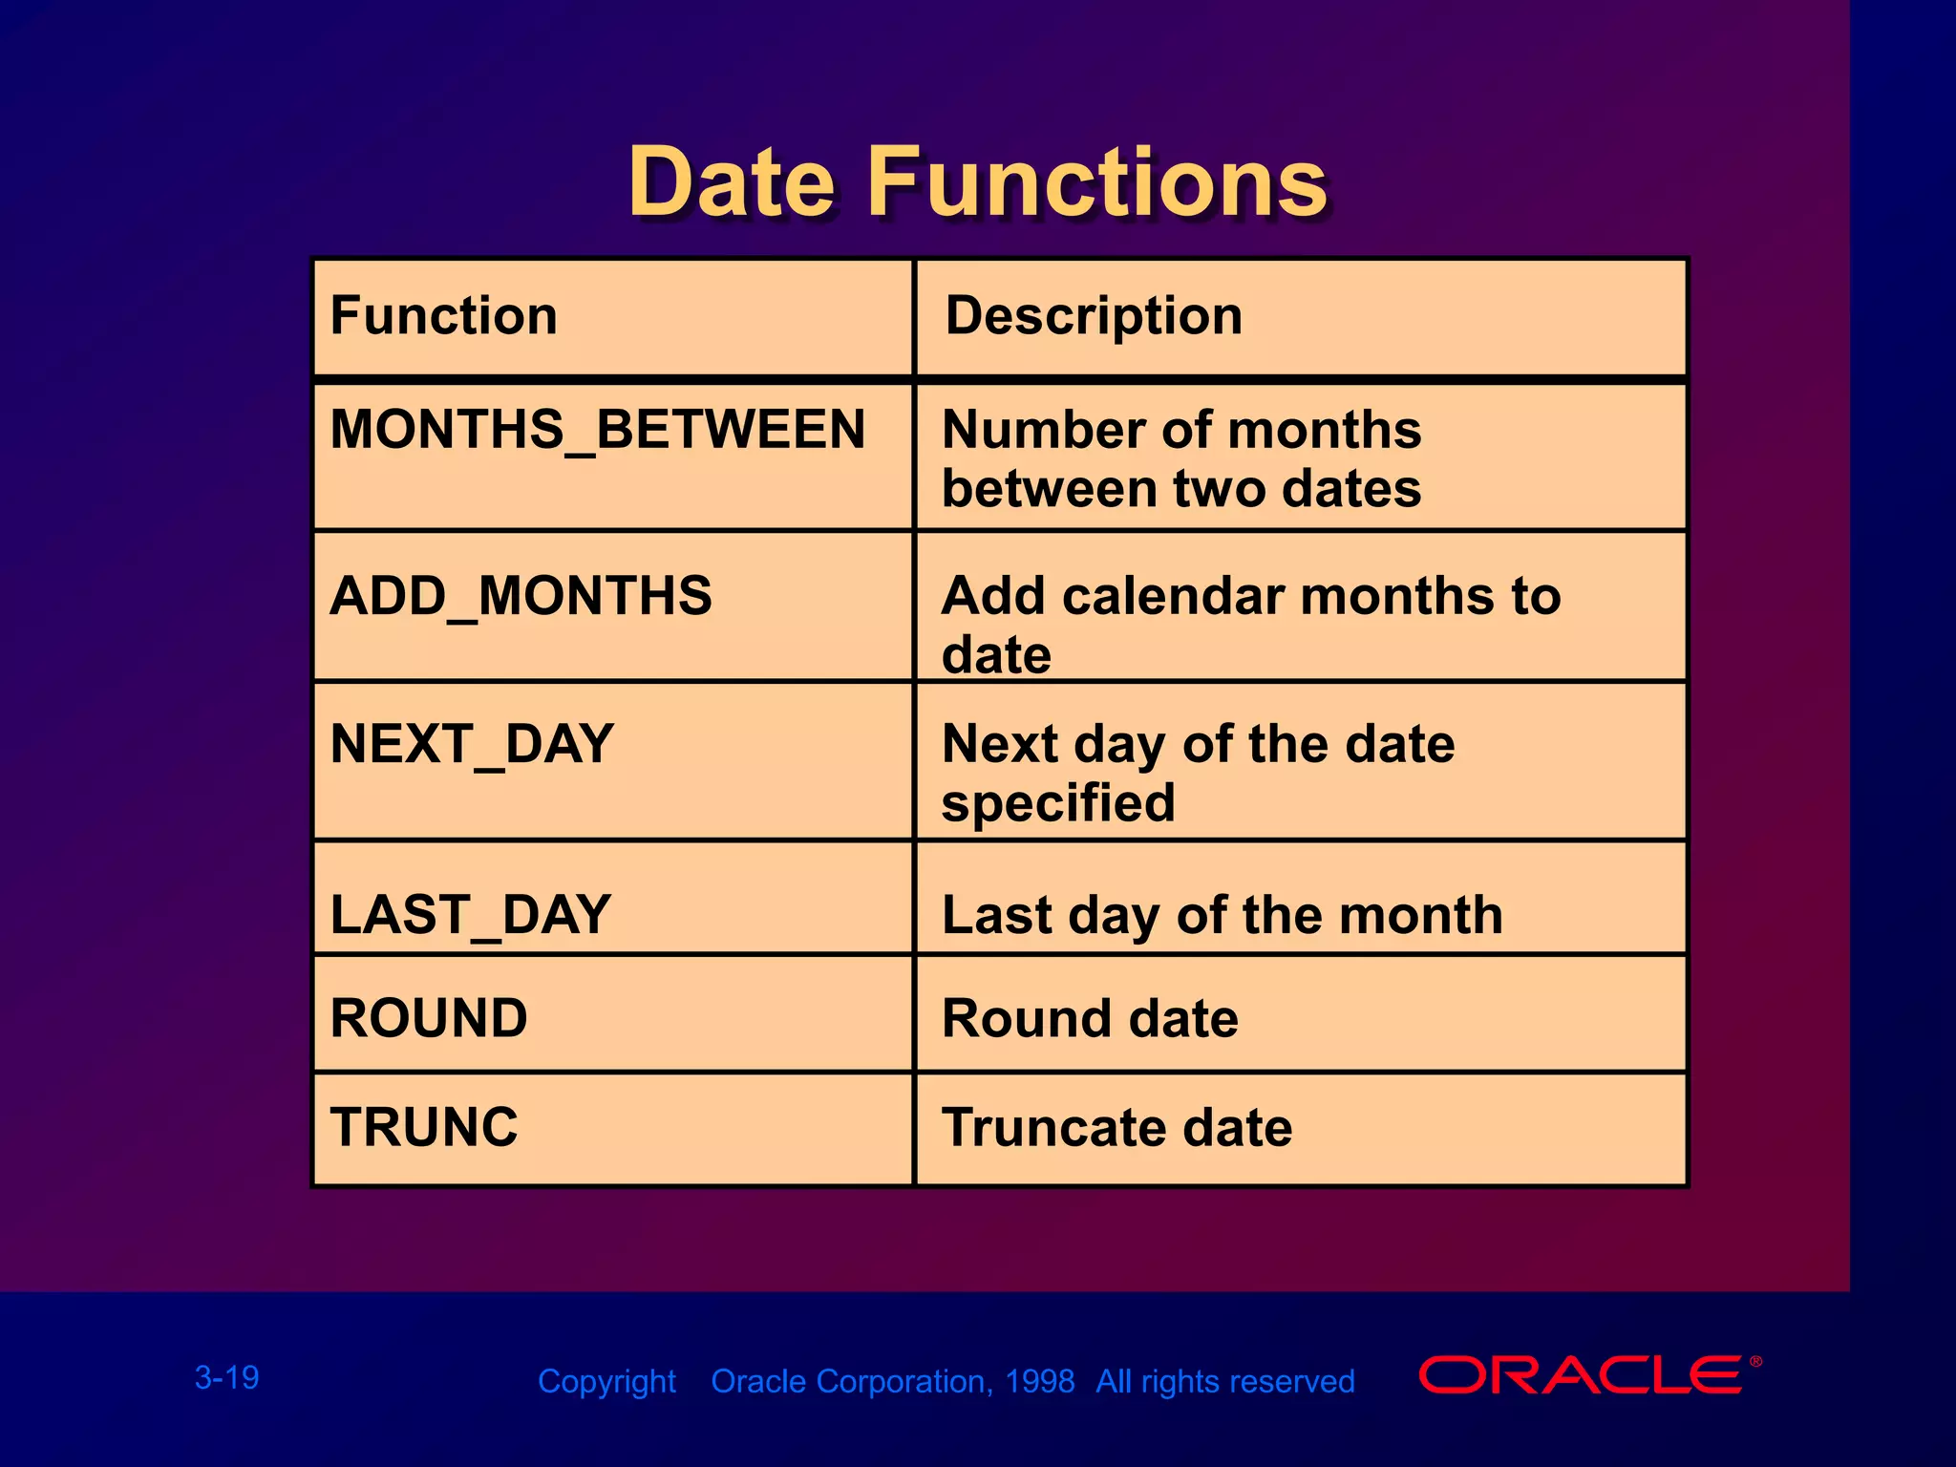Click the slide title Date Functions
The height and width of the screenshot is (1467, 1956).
(977, 182)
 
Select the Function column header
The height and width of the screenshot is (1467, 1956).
(444, 316)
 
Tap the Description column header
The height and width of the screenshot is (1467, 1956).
(1094, 316)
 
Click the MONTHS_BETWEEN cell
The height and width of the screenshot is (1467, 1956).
(598, 430)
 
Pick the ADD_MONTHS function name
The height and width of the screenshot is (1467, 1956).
(521, 596)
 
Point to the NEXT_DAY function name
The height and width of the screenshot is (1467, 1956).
(472, 745)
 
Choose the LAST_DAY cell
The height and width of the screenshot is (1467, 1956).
(470, 915)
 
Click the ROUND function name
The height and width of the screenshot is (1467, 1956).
(429, 1018)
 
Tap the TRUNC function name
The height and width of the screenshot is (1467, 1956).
(424, 1127)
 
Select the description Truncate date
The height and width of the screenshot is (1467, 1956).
(1116, 1127)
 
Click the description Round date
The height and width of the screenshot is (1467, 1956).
(1090, 1018)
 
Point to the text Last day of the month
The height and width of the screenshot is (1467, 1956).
(1222, 915)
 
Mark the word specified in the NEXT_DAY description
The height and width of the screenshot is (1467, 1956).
(1058, 803)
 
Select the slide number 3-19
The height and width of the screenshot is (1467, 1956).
(227, 1377)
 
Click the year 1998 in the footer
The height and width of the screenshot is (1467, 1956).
(1039, 1381)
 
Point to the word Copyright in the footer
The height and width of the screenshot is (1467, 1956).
(606, 1381)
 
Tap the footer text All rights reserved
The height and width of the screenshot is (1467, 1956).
(1224, 1381)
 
